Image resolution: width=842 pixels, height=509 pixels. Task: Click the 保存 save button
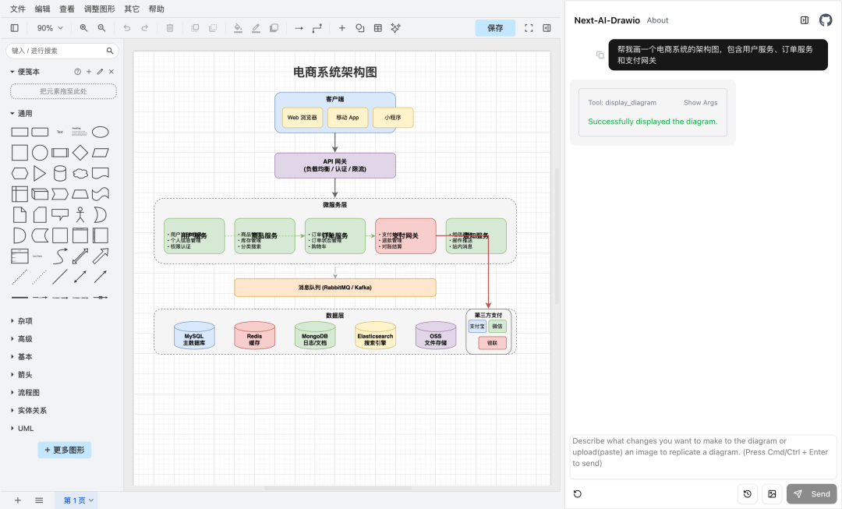(495, 28)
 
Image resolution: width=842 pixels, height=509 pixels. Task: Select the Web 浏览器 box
(302, 118)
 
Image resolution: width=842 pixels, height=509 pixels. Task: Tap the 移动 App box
(348, 118)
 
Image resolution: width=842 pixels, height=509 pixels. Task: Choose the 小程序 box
(393, 118)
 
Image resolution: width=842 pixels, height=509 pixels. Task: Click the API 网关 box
(334, 165)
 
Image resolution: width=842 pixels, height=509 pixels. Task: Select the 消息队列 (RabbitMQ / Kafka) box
(334, 288)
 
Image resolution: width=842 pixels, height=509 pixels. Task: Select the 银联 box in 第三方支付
(492, 343)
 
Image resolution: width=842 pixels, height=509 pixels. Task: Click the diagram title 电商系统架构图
(334, 72)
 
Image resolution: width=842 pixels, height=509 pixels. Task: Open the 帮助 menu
(157, 9)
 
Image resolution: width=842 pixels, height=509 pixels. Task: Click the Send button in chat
(812, 493)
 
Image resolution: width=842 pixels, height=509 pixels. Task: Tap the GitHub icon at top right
(826, 20)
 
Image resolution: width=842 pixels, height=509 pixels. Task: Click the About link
(657, 20)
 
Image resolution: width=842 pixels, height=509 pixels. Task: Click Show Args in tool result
(700, 102)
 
